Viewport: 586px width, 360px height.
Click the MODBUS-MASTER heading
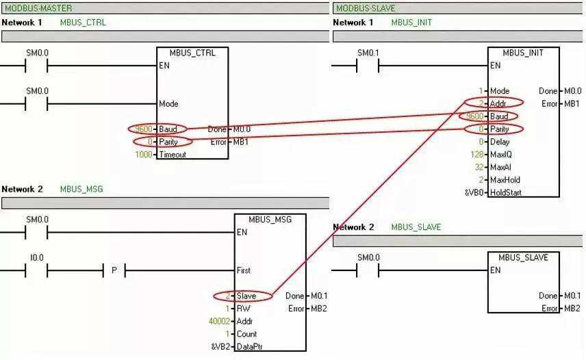pyautogui.click(x=38, y=8)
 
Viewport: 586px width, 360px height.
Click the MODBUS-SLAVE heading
pyautogui.click(x=366, y=8)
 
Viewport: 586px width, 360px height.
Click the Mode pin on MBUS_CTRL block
pyautogui.click(x=168, y=104)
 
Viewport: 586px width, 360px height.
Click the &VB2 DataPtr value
pyautogui.click(x=221, y=346)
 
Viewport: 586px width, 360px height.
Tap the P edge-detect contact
pyautogui.click(x=114, y=271)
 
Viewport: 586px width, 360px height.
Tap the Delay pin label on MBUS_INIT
pyautogui.click(x=499, y=142)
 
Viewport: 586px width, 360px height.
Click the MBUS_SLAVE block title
pyautogui.click(x=524, y=257)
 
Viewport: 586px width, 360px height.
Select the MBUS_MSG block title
pyautogui.click(x=270, y=220)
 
